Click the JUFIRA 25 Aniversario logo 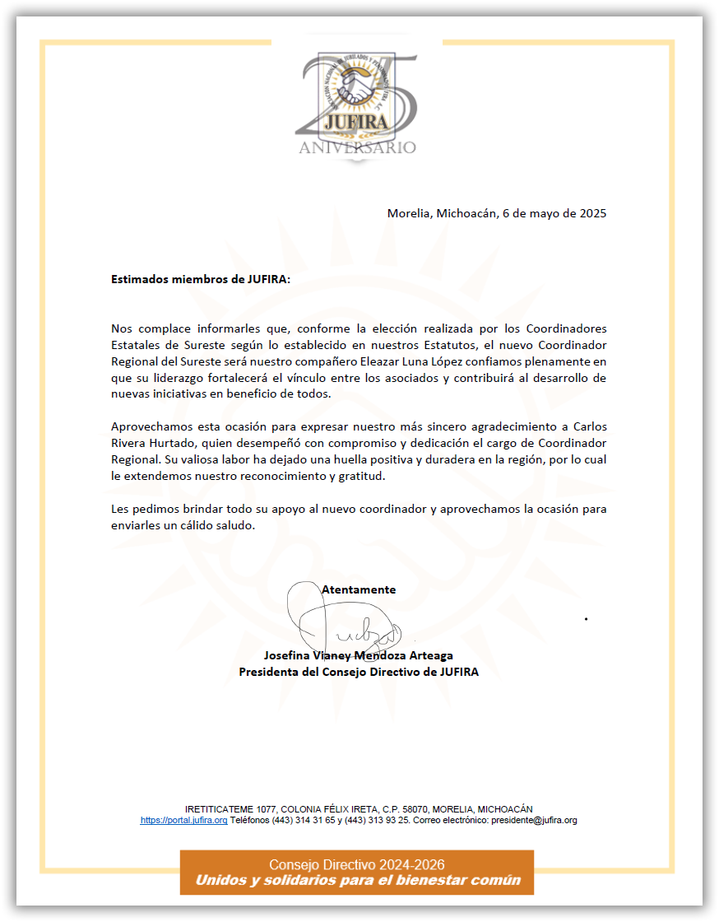357,103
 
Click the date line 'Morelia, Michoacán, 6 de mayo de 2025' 497,213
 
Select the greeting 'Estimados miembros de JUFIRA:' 201,279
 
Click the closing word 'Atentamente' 359,589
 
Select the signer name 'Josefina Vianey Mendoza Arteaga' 359,656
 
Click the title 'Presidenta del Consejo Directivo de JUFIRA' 359,672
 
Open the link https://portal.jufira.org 183,821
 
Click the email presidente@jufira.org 534,821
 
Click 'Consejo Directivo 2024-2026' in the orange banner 357,864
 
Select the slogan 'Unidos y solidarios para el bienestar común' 357,881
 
